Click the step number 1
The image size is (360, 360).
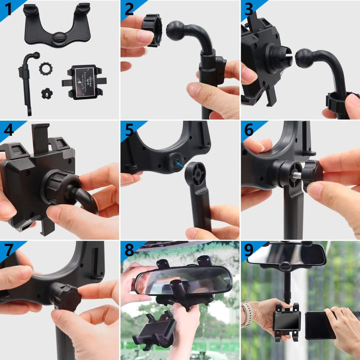pyautogui.click(x=8, y=9)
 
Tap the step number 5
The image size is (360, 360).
pyautogui.click(x=129, y=129)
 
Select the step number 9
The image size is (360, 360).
pyautogui.click(x=249, y=250)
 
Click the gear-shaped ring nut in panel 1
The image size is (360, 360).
pyautogui.click(x=45, y=68)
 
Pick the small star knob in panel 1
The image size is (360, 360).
pyautogui.click(x=47, y=93)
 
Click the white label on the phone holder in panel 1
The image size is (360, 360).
pyautogui.click(x=84, y=82)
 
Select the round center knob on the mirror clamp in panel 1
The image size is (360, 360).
pyautogui.click(x=59, y=38)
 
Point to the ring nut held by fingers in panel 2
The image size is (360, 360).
pyautogui.click(x=152, y=30)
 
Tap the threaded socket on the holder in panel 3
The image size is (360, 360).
pyautogui.click(x=279, y=57)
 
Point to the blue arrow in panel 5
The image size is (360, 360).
pyautogui.click(x=180, y=164)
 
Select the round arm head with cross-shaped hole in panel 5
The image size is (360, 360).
pyautogui.click(x=195, y=174)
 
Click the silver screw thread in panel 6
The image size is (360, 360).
pyautogui.click(x=297, y=175)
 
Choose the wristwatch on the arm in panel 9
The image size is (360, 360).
pyautogui.click(x=246, y=313)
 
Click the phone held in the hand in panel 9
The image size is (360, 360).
pyautogui.click(x=320, y=325)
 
